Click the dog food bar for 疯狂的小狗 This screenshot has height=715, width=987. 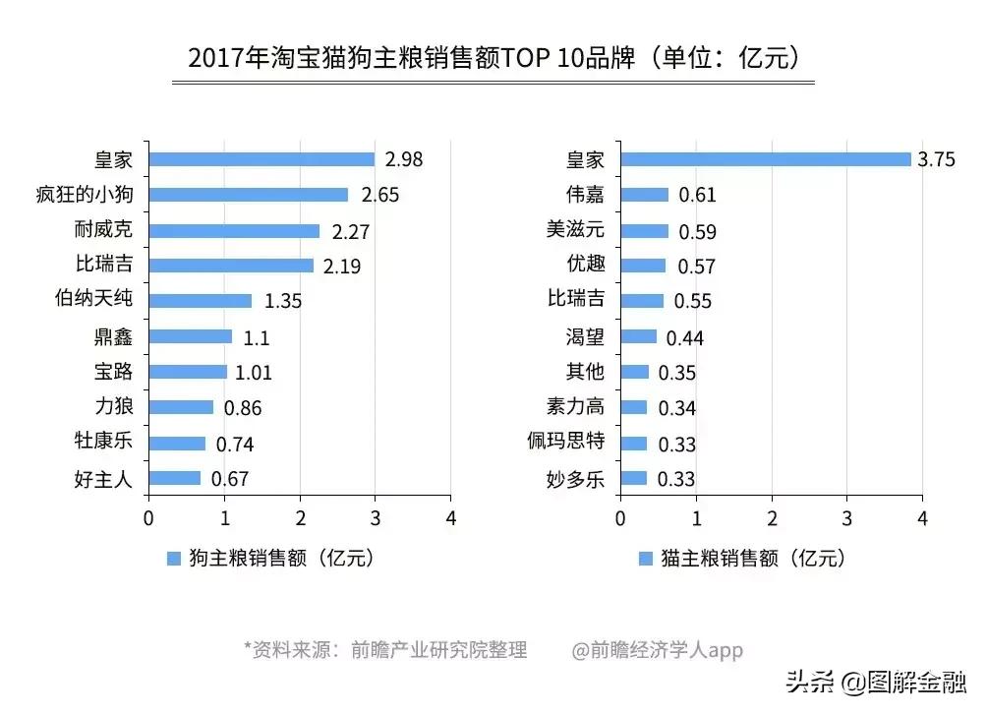248,195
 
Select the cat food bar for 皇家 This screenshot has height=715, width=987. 765,159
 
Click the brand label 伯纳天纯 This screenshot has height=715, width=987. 93,300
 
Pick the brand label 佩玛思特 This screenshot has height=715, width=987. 565,443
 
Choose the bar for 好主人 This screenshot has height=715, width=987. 175,478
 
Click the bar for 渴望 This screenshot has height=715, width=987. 638,336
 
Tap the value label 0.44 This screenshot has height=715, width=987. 685,338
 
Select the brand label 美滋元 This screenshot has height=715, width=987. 575,230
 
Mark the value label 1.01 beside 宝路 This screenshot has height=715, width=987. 253,373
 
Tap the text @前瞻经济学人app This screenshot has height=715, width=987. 658,650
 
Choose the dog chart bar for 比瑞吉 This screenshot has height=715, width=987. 231,266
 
